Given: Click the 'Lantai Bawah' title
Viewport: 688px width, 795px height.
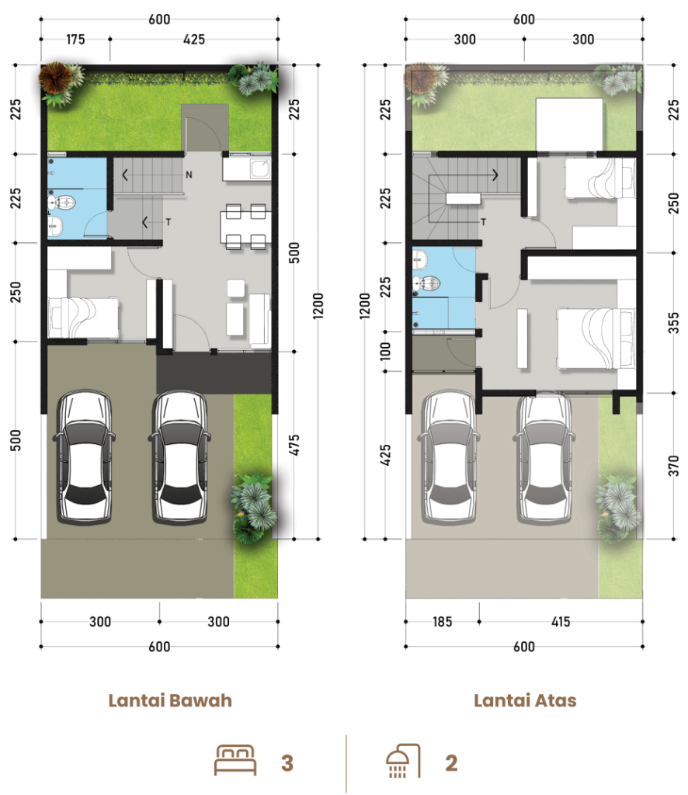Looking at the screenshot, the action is (170, 700).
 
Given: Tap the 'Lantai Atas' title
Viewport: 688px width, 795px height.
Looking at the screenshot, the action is (525, 700).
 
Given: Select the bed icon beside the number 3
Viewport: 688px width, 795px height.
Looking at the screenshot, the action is (235, 760).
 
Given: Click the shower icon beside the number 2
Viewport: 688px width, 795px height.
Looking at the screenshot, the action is (403, 761).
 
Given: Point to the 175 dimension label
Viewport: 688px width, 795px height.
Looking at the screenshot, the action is (75, 39).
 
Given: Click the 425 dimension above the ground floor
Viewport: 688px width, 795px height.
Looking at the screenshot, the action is (193, 39).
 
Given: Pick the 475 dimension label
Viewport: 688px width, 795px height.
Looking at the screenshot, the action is (294, 445).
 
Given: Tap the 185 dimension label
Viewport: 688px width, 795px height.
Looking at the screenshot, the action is (442, 622).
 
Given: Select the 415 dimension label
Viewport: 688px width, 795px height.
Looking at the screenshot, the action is (561, 622).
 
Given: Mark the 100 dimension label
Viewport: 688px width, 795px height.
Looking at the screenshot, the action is (385, 352).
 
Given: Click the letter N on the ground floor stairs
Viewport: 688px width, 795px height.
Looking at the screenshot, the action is (189, 175).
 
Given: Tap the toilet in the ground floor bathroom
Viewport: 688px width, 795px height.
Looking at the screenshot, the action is (62, 203).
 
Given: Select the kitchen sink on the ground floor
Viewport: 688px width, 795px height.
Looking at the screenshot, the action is (261, 168).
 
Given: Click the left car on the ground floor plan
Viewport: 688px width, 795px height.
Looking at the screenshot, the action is (84, 457).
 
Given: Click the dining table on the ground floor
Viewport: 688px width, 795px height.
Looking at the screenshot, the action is (245, 227).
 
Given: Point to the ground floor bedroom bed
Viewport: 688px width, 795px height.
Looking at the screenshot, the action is (84, 318).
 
